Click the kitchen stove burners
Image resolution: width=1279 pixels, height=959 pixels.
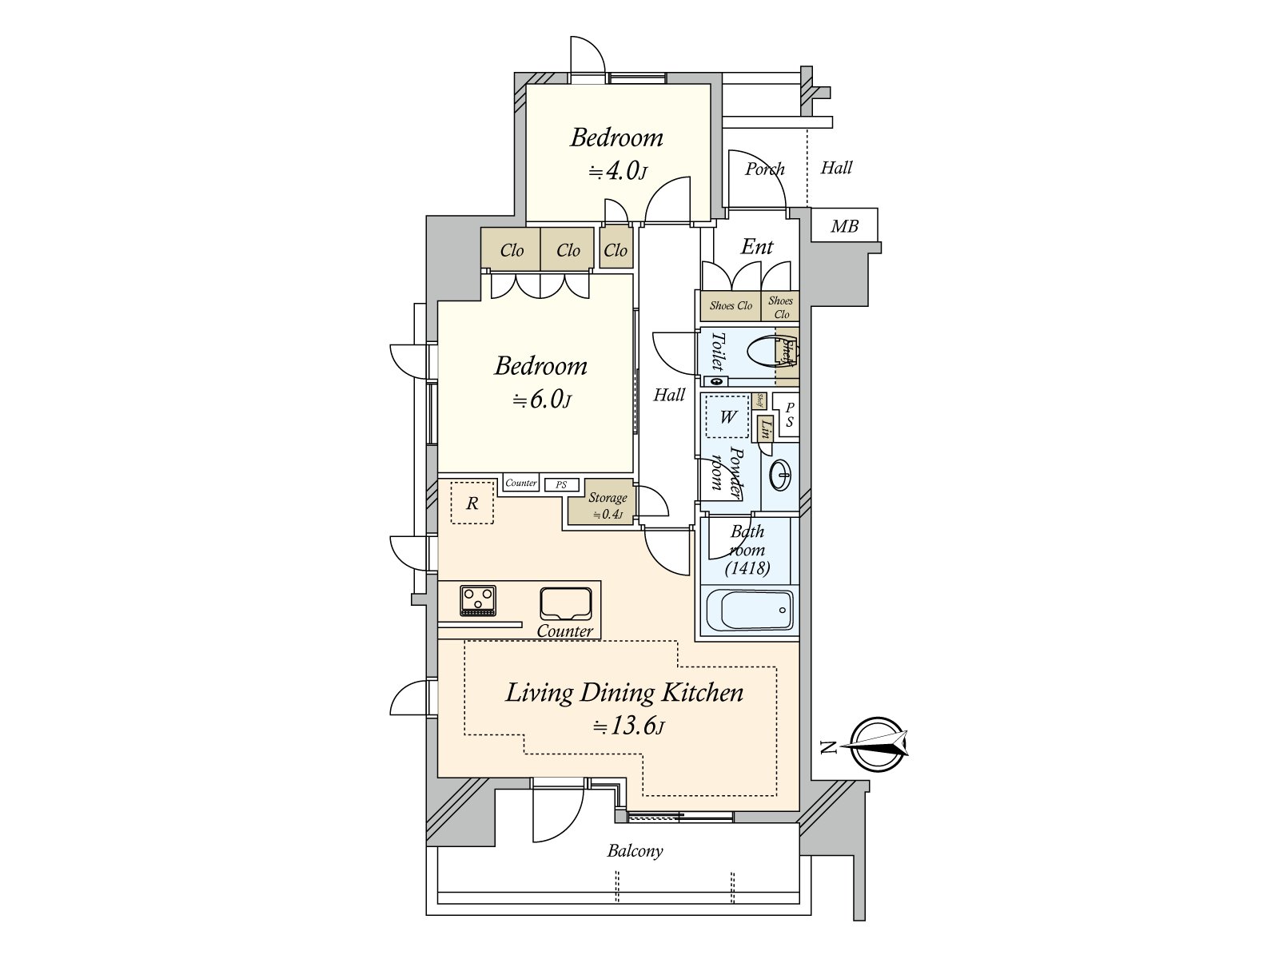point(478,599)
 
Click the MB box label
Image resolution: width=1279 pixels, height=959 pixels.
point(844,226)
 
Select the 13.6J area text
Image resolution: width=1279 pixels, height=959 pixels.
point(628,726)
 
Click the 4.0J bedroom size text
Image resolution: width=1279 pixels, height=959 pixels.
point(617,171)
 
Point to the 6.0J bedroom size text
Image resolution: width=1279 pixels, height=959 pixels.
point(541,400)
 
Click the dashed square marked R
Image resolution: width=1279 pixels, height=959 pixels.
point(472,503)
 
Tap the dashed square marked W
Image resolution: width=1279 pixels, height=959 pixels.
point(727,416)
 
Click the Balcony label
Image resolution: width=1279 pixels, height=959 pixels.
point(635,850)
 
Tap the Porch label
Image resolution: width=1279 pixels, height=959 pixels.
point(764,169)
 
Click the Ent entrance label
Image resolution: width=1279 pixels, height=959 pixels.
point(756,247)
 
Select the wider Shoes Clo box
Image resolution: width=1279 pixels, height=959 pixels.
point(731,306)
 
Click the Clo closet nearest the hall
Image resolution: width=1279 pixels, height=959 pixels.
point(616,250)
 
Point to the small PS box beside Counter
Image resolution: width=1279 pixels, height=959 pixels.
point(562,484)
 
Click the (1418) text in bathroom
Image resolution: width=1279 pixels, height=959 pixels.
point(747,568)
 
